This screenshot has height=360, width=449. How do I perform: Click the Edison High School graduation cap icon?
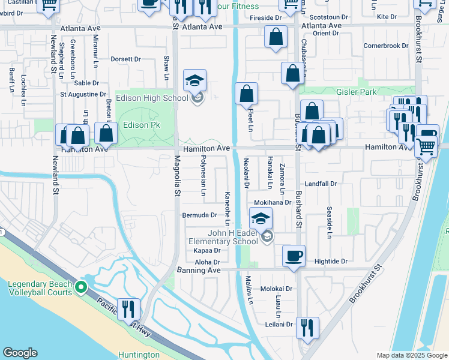pyautogui.click(x=195, y=80)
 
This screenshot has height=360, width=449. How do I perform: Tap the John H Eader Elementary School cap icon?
pyautogui.click(x=261, y=218)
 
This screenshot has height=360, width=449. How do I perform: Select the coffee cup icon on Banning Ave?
pyautogui.click(x=294, y=256)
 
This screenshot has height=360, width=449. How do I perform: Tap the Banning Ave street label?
pyautogui.click(x=199, y=271)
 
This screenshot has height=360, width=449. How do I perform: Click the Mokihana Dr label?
pyautogui.click(x=273, y=203)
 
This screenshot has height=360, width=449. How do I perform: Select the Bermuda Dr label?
pyautogui.click(x=200, y=215)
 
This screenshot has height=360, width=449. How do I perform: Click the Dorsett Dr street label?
pyautogui.click(x=125, y=59)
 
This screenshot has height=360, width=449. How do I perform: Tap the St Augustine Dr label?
pyautogui.click(x=83, y=94)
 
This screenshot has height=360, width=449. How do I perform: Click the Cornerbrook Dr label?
pyautogui.click(x=385, y=46)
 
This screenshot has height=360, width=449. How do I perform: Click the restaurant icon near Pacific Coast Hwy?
pyautogui.click(x=128, y=309)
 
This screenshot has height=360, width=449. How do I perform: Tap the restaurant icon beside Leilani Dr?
pyautogui.click(x=307, y=328)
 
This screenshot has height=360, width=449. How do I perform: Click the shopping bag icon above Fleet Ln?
pyautogui.click(x=246, y=94)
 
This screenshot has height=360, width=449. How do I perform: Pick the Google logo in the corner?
pyautogui.click(x=20, y=353)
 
